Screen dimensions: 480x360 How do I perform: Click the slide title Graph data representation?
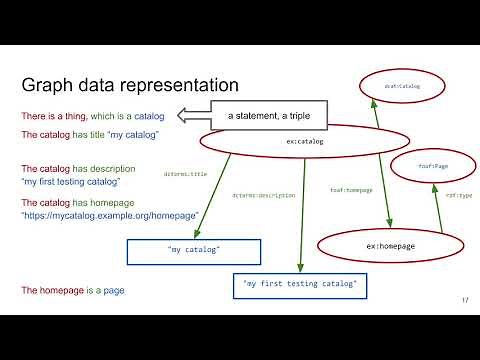click(130, 85)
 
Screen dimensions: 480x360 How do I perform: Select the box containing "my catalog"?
click(194, 250)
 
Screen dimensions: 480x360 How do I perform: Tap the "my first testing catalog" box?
click(299, 285)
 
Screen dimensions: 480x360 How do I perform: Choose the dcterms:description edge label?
click(263, 195)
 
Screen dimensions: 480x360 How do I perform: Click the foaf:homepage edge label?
click(350, 190)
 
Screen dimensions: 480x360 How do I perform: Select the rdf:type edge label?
click(459, 196)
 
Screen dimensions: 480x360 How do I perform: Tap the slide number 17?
click(465, 301)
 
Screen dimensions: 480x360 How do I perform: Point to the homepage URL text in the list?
click(110, 215)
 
